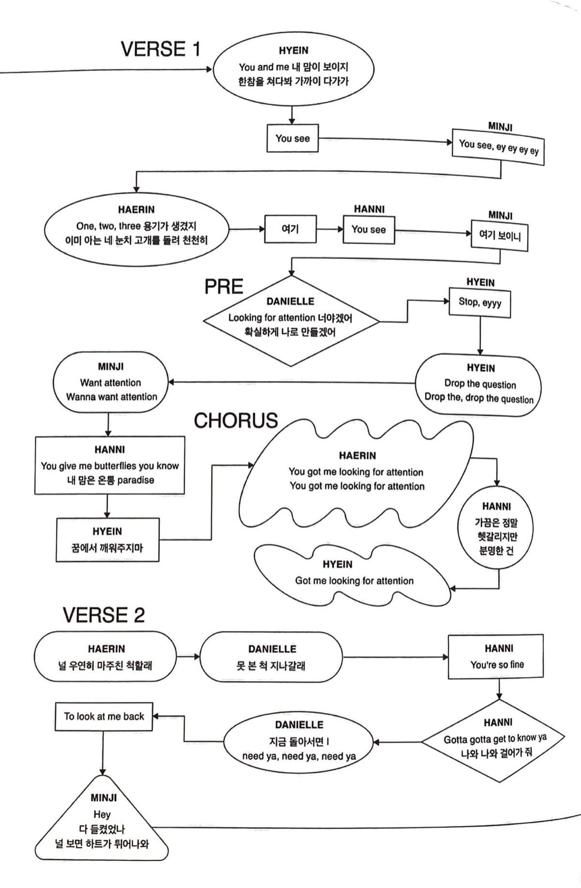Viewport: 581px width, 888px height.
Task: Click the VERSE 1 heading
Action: (160, 49)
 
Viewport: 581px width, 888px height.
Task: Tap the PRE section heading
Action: (224, 287)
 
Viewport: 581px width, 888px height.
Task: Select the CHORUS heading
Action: (236, 421)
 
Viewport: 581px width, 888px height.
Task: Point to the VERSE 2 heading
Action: (104, 615)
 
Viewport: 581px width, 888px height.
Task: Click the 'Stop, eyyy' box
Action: (480, 303)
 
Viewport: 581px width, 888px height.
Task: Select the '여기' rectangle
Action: (290, 229)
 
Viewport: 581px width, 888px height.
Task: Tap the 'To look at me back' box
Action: (104, 717)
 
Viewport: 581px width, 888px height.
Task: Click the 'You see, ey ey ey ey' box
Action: (499, 146)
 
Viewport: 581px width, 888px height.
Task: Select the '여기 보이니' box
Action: (500, 236)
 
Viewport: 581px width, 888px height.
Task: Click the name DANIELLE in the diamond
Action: (290, 301)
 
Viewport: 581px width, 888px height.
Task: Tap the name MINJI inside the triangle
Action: (103, 798)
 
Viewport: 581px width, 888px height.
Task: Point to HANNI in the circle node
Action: (496, 506)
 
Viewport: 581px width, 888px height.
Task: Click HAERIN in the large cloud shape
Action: (357, 456)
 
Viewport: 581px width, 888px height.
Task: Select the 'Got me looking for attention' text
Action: (354, 581)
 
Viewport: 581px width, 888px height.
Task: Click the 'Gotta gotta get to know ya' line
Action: (495, 739)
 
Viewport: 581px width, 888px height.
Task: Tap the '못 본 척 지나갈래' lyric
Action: (271, 665)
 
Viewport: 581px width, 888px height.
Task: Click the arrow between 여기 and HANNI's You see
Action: (330, 229)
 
